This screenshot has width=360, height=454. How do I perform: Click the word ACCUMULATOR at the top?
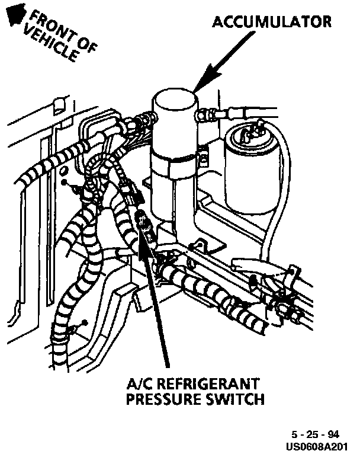(272, 22)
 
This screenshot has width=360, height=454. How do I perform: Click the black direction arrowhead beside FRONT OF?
(15, 13)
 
